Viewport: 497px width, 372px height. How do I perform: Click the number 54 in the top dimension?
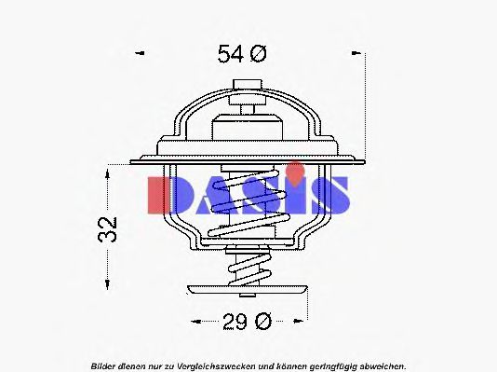pos(230,54)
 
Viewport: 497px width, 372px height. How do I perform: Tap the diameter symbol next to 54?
pos(258,54)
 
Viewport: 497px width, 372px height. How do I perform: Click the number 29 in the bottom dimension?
pos(234,323)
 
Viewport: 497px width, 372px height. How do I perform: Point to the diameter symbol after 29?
pos(262,323)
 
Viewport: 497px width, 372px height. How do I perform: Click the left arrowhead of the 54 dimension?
pos(140,54)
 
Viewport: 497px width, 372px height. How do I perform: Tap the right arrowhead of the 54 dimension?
pos(357,54)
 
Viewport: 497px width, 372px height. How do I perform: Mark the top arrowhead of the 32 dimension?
pos(109,171)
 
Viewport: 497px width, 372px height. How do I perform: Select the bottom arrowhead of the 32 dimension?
pos(109,284)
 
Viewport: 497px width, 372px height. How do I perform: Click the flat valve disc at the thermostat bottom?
pos(248,289)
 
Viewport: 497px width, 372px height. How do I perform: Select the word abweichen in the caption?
pos(380,364)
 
